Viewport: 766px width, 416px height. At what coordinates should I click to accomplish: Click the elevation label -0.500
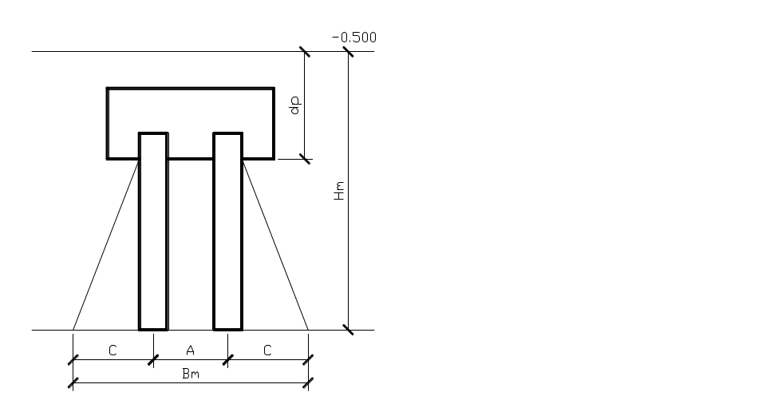pyautogui.click(x=354, y=38)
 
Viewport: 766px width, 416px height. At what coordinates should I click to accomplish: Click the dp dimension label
pyautogui.click(x=294, y=105)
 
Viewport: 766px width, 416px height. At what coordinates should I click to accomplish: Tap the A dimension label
pyautogui.click(x=190, y=350)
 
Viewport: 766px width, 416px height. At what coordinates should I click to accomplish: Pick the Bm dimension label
pyautogui.click(x=190, y=374)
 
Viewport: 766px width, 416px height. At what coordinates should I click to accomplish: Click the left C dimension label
pyautogui.click(x=113, y=350)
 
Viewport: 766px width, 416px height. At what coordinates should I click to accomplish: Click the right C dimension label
pyautogui.click(x=267, y=350)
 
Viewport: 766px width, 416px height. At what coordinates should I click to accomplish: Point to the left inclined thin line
pyautogui.click(x=106, y=244)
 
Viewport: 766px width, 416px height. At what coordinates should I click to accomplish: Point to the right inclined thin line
pyautogui.click(x=275, y=244)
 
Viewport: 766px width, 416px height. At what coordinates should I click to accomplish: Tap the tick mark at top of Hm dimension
pyautogui.click(x=348, y=52)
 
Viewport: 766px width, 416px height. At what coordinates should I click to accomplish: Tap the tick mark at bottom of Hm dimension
pyautogui.click(x=348, y=330)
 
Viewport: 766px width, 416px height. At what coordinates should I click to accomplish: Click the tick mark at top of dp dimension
pyautogui.click(x=304, y=52)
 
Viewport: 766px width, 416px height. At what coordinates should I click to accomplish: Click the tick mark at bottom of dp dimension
pyautogui.click(x=304, y=159)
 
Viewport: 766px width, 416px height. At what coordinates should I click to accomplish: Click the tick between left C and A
pyautogui.click(x=152, y=360)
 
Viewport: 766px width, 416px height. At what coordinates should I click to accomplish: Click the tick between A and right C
pyautogui.click(x=228, y=360)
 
